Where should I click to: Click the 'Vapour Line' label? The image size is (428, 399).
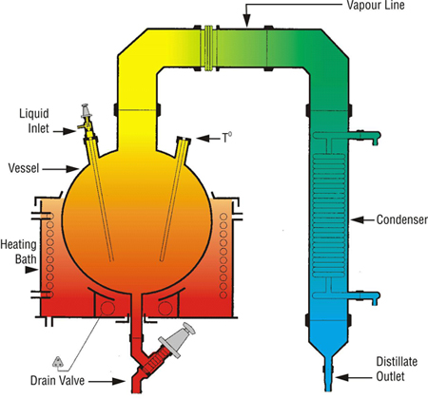[x=376, y=5]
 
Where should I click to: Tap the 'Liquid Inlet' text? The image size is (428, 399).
[x=34, y=121]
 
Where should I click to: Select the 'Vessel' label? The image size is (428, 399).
[x=24, y=168]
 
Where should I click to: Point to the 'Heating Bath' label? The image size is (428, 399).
[x=19, y=252]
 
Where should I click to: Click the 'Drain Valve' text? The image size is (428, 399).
[x=57, y=380]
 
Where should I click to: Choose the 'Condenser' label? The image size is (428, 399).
[x=402, y=219]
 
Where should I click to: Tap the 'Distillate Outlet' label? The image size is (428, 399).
[x=397, y=369]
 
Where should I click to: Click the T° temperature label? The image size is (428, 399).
[x=226, y=138]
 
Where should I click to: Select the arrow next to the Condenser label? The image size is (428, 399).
[x=362, y=219]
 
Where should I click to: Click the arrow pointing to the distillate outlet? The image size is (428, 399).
[x=354, y=377]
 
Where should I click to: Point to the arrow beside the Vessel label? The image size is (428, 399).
[x=60, y=169]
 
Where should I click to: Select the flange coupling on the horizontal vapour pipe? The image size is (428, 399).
[x=208, y=47]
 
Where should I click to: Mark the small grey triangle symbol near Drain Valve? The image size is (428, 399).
[x=58, y=361]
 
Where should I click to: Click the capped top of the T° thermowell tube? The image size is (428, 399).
[x=184, y=139]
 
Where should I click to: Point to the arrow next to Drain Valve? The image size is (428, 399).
[x=107, y=381]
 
